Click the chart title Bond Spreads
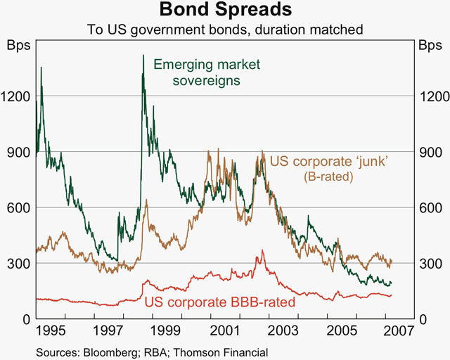coord(225,11)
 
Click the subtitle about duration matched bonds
coord(225,30)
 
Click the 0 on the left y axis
coord(25,319)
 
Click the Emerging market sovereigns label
coord(198,72)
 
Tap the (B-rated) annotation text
coord(329,177)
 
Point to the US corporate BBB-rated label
coord(219,303)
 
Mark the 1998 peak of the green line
coord(143,56)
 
